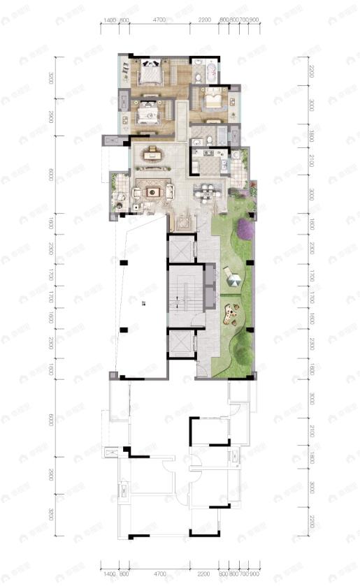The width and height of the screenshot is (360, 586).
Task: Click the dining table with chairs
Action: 207,188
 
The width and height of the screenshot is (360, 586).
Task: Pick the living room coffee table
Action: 151,189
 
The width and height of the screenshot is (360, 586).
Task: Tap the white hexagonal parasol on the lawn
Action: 235,279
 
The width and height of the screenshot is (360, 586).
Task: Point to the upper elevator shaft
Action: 179,250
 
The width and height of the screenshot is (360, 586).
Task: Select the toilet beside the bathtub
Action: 211,71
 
